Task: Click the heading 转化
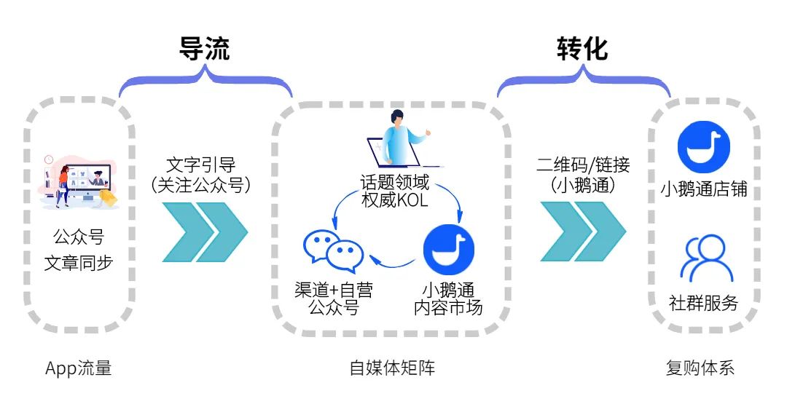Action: (582, 48)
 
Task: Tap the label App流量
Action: (79, 368)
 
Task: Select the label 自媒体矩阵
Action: (392, 368)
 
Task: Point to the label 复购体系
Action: (700, 368)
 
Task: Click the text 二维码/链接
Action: (582, 165)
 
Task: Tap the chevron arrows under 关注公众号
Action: (205, 232)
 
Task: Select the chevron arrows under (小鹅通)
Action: (582, 232)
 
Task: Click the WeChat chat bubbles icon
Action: (333, 251)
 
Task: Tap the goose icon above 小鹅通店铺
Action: (703, 146)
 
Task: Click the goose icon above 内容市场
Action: (448, 250)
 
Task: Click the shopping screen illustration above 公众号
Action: (79, 181)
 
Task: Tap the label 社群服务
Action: (703, 304)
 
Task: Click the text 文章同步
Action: (79, 263)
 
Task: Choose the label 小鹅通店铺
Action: (703, 190)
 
